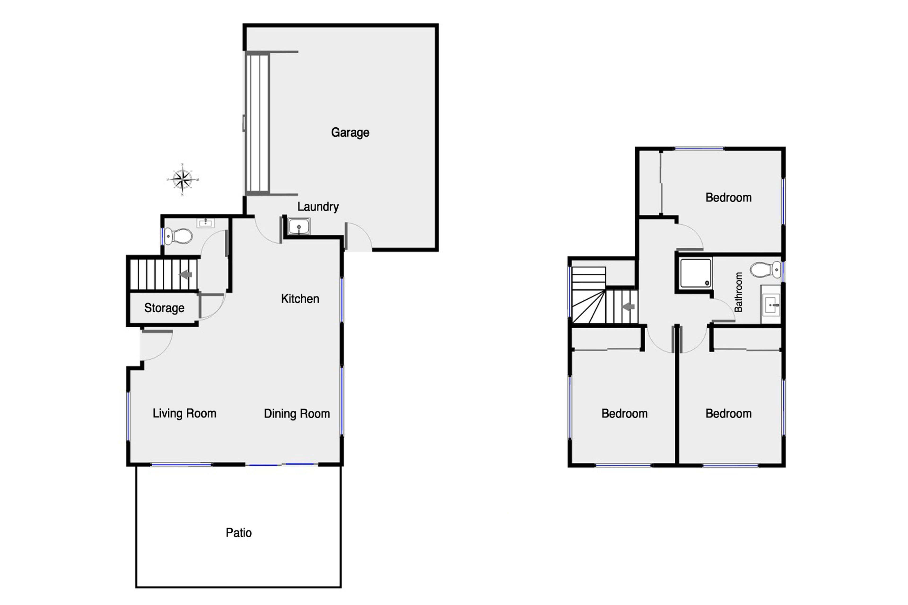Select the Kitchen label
pyautogui.click(x=300, y=299)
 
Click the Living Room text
pyautogui.click(x=184, y=413)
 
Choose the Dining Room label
pyautogui.click(x=297, y=414)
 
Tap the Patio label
pyautogui.click(x=239, y=533)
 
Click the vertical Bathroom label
pyautogui.click(x=738, y=292)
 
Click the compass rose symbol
pyautogui.click(x=183, y=179)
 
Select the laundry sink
pyautogui.click(x=299, y=226)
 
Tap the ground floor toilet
pyautogui.click(x=178, y=236)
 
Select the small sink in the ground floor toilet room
pyautogui.click(x=206, y=223)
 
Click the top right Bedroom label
pyautogui.click(x=729, y=198)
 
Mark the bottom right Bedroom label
pyautogui.click(x=729, y=414)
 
